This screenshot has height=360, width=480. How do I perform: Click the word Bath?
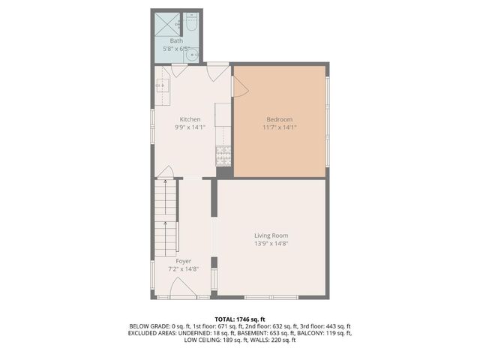[x=176, y=40]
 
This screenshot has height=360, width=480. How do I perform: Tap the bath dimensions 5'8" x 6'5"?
[x=176, y=49]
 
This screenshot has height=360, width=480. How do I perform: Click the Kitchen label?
[x=190, y=119]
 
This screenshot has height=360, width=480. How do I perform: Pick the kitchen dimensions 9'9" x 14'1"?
[x=190, y=127]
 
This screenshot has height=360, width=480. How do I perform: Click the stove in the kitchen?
[x=223, y=155]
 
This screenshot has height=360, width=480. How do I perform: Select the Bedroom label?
[x=280, y=119]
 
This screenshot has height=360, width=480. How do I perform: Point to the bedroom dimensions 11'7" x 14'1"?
[x=280, y=127]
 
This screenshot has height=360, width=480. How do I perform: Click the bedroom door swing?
[x=239, y=85]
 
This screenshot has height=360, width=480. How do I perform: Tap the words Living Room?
[x=271, y=235]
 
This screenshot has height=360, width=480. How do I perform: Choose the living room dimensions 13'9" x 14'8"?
[x=271, y=244]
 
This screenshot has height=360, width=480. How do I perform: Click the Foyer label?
[x=184, y=261]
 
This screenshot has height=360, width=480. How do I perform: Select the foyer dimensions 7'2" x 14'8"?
[x=184, y=269]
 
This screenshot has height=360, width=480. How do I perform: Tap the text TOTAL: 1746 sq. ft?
[x=240, y=318]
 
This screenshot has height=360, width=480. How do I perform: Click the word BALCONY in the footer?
[x=316, y=333]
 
